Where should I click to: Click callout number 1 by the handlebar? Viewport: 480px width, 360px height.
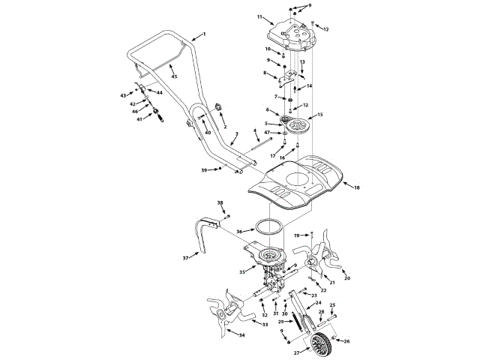[203, 35]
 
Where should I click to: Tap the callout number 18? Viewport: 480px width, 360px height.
[356, 187]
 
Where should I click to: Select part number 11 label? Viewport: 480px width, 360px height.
[259, 16]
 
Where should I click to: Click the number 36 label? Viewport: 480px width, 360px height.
[240, 231]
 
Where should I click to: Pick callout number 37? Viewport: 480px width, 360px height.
[185, 258]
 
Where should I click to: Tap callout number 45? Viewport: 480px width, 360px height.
[174, 76]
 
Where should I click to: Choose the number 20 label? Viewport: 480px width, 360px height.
[347, 278]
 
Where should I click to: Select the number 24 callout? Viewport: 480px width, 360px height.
[319, 303]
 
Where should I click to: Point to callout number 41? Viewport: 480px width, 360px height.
[138, 118]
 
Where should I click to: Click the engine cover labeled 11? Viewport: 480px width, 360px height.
[294, 34]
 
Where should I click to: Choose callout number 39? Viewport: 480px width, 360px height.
[203, 170]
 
